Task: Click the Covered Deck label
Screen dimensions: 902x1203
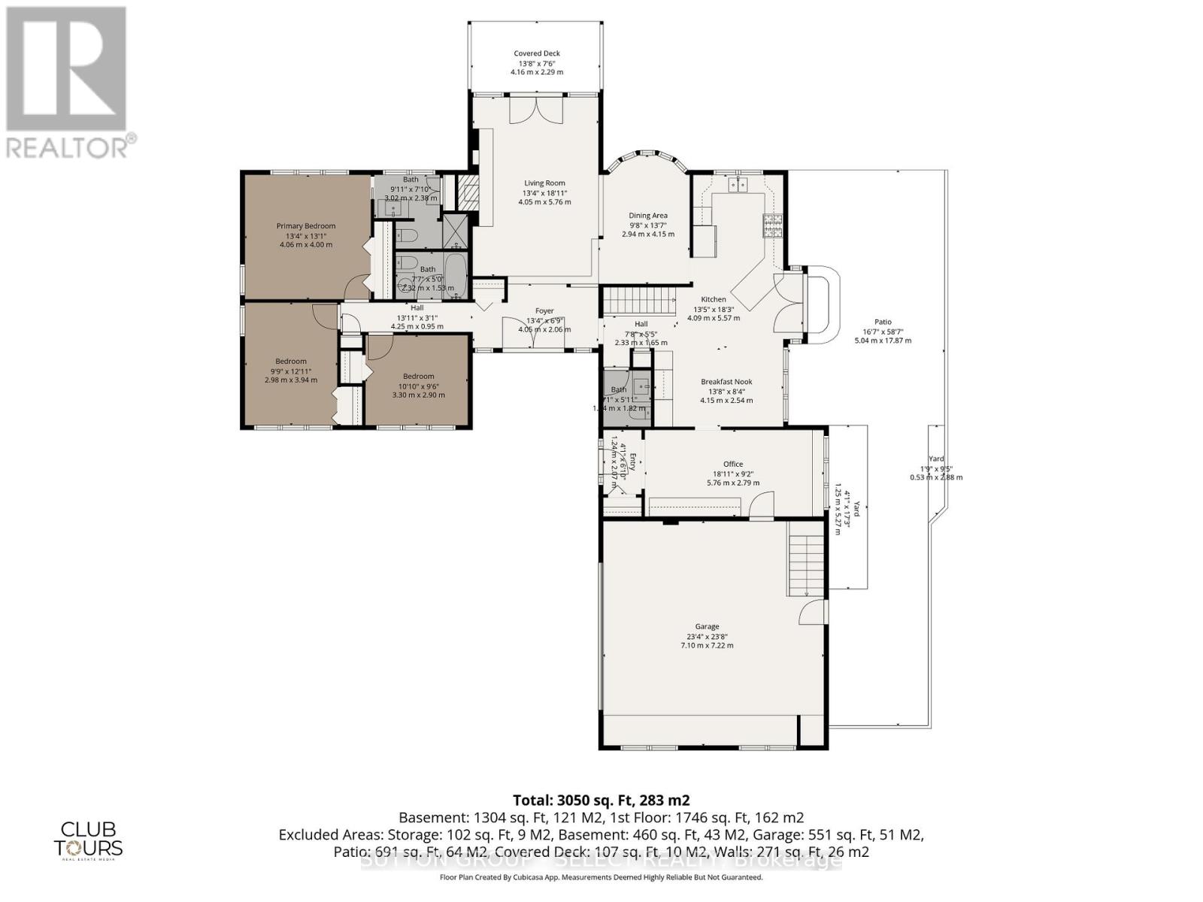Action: [537, 53]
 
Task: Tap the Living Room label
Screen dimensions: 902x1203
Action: [545, 183]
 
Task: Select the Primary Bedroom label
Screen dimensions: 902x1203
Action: [306, 225]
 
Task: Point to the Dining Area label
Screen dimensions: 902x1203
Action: [648, 216]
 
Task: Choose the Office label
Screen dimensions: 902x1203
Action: [733, 464]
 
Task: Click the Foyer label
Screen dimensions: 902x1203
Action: [544, 310]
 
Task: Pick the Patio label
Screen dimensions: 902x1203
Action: [883, 322]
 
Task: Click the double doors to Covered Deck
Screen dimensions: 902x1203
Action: [536, 111]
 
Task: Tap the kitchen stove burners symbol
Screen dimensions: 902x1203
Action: [773, 225]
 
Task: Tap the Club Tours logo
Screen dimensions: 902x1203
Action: [88, 839]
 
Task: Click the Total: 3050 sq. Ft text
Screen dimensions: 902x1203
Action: [601, 800]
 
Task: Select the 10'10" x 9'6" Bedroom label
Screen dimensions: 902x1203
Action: [418, 376]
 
